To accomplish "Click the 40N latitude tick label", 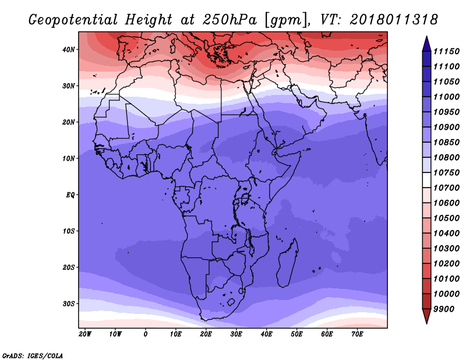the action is point(69,50).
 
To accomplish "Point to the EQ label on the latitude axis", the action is point(70,195).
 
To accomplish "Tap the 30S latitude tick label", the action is point(69,304).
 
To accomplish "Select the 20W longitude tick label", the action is point(85,334).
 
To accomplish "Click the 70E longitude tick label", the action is point(357,334).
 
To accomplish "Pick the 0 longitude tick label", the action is point(145,334).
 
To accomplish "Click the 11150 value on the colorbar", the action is point(446,51).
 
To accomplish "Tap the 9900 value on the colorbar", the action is point(444,309).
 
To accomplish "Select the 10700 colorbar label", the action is point(446,188).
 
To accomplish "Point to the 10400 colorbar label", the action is point(446,234).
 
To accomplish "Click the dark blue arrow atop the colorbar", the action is point(426,44).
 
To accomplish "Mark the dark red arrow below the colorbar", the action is point(426,316).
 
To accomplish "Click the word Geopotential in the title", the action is point(73,20).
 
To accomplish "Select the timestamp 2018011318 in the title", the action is point(394,19).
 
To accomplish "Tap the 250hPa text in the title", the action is point(230,20).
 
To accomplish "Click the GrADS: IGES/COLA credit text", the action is point(33,356).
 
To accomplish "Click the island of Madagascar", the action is point(288,263).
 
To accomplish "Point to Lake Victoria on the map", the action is point(245,198).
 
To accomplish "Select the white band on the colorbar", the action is point(426,180).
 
